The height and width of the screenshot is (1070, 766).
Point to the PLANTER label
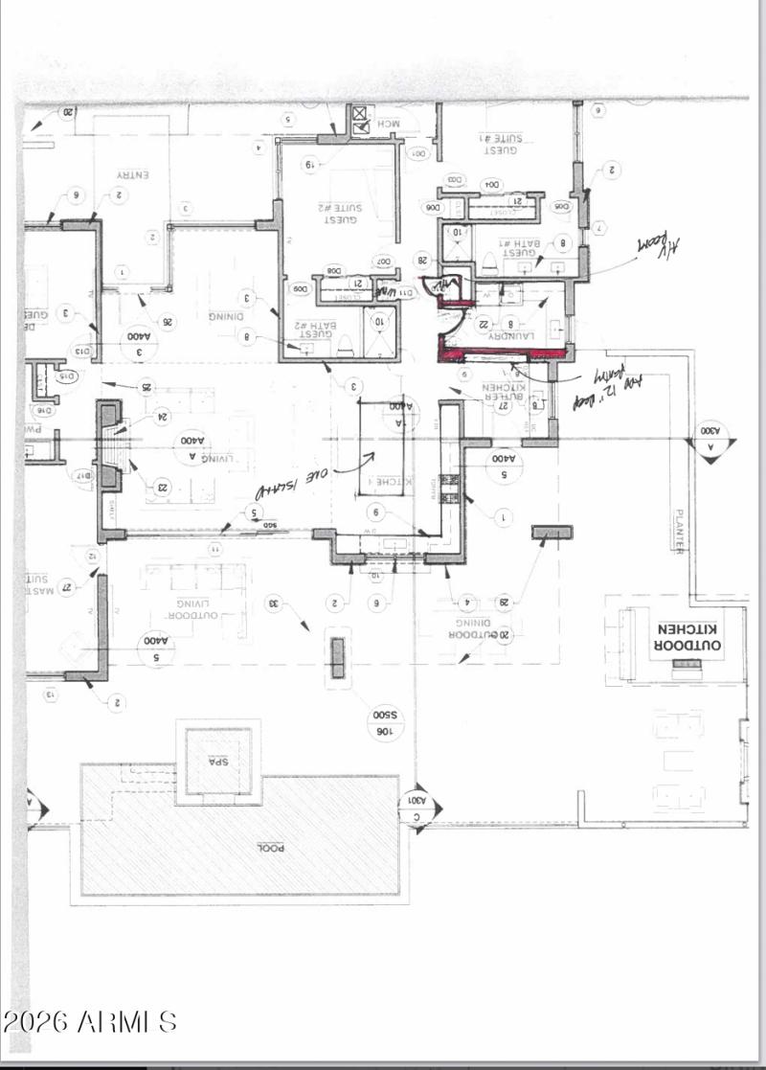point(681,531)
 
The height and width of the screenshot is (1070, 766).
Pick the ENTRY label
point(131,175)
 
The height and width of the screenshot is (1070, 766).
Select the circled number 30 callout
point(274,603)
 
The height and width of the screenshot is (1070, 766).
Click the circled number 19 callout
point(310,165)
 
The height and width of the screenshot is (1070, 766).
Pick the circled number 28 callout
point(421,260)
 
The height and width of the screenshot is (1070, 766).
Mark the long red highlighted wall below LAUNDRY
point(498,354)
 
